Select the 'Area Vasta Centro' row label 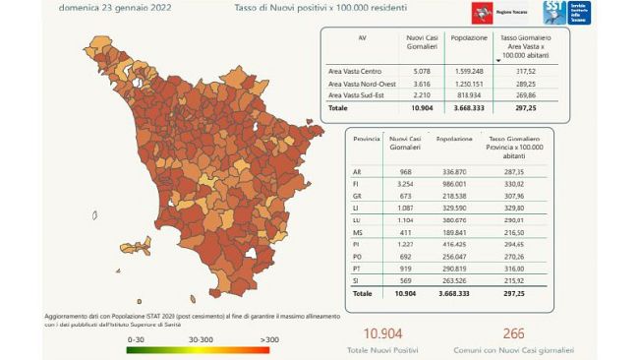point(356,71)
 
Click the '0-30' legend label point(137,338)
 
